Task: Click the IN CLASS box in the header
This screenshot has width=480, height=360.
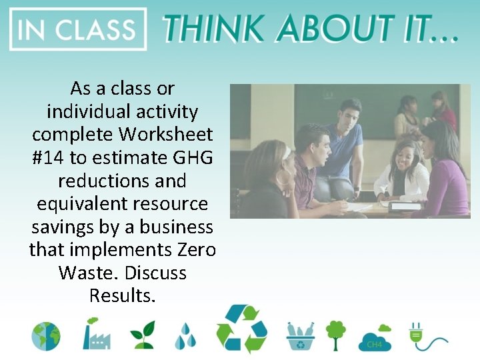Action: [78, 29]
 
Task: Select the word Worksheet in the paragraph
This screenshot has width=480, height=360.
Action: [166, 134]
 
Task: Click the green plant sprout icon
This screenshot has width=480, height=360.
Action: [142, 335]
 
